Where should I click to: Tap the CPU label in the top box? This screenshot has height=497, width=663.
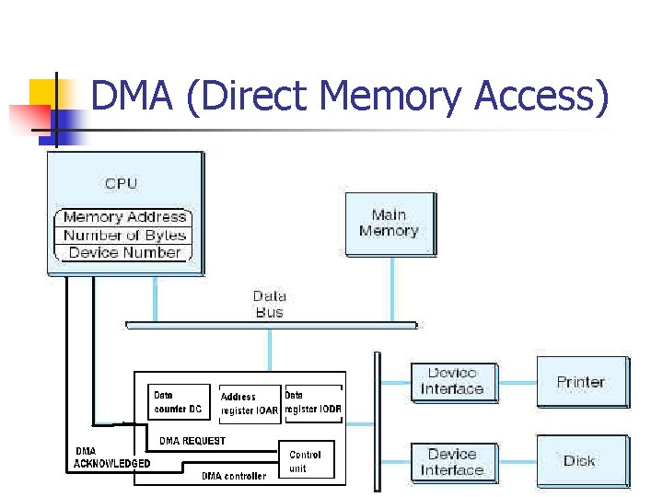coord(121,183)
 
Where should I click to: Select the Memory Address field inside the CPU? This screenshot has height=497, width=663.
coord(124,217)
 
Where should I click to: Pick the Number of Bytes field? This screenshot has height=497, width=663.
coord(124,235)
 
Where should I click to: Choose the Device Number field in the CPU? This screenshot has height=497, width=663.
coord(124,252)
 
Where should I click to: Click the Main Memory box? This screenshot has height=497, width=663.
coord(389,224)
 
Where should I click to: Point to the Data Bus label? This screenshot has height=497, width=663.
coord(269,304)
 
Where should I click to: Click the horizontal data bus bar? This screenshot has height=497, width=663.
coord(271,325)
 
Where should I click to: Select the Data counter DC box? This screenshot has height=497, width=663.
coord(178,402)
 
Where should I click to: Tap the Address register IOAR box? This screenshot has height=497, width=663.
coord(249,403)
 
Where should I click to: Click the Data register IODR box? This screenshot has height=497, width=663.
coord(313,402)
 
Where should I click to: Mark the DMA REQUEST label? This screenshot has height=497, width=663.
coord(192,441)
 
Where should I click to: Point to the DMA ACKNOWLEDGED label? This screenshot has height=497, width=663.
coord(111,457)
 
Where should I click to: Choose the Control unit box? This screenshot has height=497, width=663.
coord(305,461)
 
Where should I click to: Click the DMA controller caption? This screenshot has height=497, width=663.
coord(234,476)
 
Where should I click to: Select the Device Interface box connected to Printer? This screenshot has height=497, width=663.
coord(452,381)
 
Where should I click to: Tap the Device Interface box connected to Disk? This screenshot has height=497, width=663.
coord(452,462)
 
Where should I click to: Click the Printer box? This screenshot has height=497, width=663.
coord(581,381)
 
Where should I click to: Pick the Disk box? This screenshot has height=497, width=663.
coord(581,461)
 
